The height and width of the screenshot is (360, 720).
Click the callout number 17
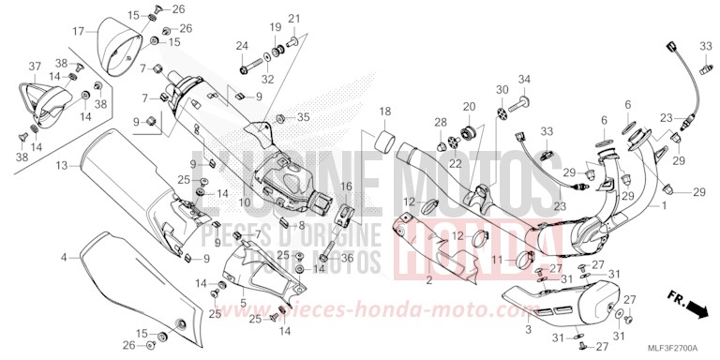coord(80,32)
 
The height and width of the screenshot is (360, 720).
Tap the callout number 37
coord(35,66)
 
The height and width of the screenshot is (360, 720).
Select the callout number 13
coord(61,166)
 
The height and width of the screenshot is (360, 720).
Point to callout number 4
coord(65,257)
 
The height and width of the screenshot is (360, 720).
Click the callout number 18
coord(385,112)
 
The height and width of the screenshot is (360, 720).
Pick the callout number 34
coord(525,79)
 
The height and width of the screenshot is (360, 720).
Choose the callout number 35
coord(303,117)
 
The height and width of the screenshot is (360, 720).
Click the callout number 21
coord(294,19)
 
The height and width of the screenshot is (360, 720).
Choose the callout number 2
coord(428,280)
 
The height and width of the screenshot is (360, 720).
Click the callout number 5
coord(242,302)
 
